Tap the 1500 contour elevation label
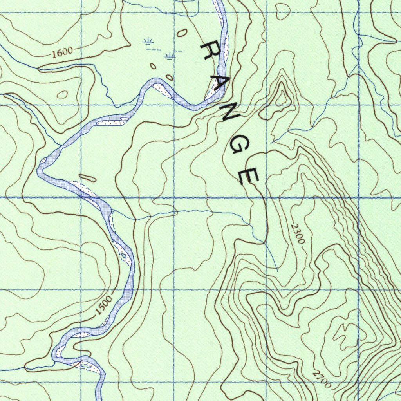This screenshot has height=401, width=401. click(x=104, y=306)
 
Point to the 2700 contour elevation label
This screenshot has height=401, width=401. click(x=322, y=379)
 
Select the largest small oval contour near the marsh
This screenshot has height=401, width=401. click(x=181, y=33)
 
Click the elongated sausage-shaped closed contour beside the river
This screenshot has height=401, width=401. click(x=87, y=178)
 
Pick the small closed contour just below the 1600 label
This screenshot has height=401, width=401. click(x=62, y=94)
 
